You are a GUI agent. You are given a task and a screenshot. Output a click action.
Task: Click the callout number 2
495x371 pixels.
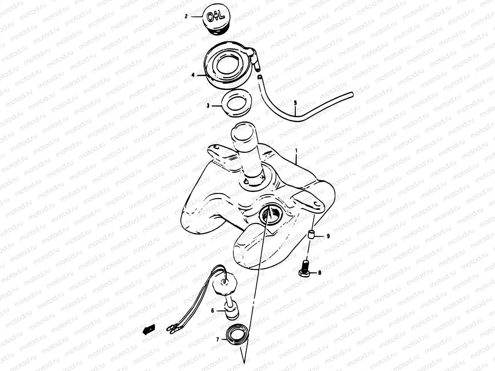tap(186, 16)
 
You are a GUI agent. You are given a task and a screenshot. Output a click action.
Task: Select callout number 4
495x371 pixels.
tap(193, 75)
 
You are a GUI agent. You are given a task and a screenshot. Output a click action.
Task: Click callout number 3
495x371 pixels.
tap(208, 106)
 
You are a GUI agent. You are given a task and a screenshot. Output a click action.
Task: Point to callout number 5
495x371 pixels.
tap(295, 103)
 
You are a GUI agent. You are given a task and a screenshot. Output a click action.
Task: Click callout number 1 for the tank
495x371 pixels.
tap(296, 150)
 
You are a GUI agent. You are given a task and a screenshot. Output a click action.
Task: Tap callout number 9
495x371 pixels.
tap(328, 236)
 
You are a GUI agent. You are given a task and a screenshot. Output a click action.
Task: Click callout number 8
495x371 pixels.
tap(320, 273)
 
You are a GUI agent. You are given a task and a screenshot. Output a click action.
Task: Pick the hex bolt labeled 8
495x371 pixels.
tap(305, 269)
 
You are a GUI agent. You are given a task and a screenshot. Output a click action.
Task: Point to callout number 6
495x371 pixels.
tap(213, 311)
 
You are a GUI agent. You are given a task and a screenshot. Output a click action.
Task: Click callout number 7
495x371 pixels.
tap(217, 339)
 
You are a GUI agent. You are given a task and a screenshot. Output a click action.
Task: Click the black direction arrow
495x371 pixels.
tap(149, 330)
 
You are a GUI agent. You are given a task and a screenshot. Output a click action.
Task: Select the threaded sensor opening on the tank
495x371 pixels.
tap(270, 215)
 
